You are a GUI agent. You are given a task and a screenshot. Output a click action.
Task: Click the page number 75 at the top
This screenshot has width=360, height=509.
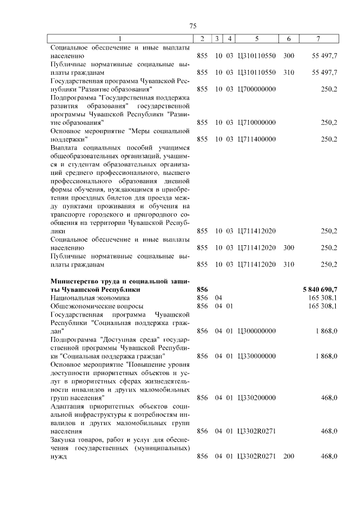click(192, 26)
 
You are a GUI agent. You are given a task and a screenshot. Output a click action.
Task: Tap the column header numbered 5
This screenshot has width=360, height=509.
click(256, 39)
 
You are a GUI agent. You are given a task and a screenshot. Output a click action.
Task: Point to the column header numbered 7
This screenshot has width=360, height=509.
click(319, 39)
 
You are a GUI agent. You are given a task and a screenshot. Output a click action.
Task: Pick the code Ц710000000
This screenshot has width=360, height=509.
click(257, 122)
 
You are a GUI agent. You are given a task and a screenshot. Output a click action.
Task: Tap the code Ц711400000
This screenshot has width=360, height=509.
click(257, 139)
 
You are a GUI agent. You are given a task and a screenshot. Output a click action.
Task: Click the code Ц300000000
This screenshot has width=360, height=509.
click(257, 331)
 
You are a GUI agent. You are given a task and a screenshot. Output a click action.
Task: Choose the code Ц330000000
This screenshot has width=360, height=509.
click(257, 356)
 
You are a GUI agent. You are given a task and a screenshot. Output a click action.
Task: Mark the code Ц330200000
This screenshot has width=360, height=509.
click(257, 398)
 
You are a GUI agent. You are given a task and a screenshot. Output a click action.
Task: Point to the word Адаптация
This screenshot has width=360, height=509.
click(69, 406)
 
